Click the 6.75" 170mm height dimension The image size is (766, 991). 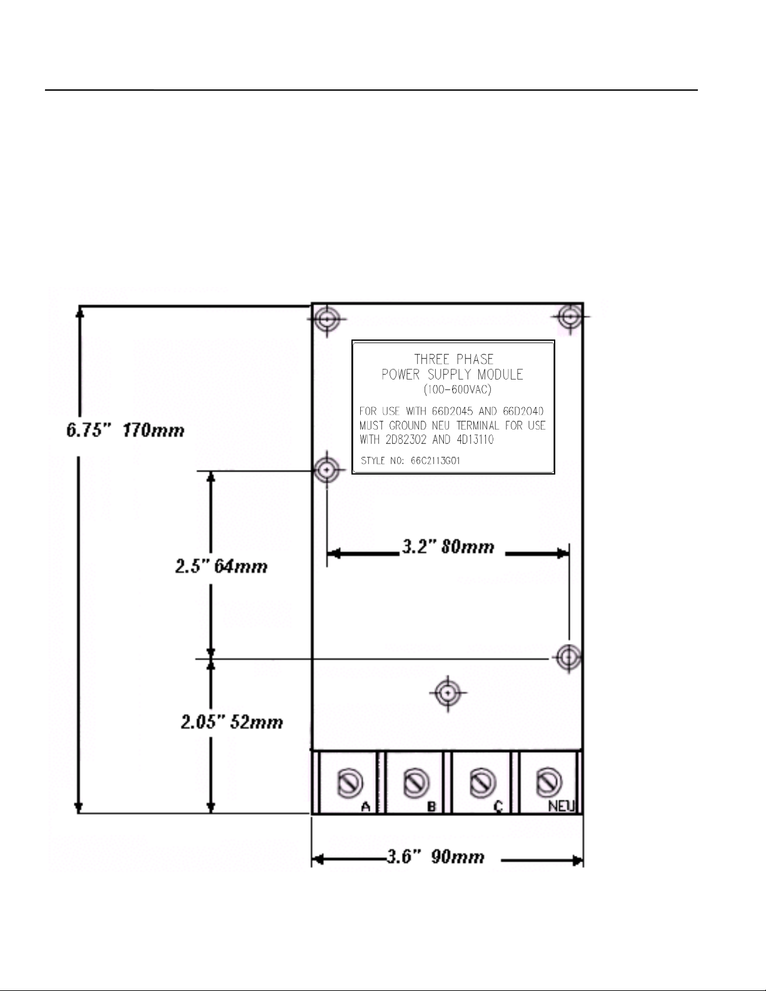tap(126, 430)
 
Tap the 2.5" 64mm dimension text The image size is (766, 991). tap(221, 566)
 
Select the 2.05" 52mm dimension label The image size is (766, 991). tap(231, 722)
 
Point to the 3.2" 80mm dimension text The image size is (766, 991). tap(448, 546)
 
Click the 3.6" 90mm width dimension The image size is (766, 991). tap(435, 857)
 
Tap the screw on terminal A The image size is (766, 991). tap(350, 783)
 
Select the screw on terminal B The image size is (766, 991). tap(416, 783)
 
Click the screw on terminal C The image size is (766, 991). tap(482, 783)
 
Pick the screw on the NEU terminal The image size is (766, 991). tap(548, 783)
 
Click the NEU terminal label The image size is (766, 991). tap(562, 807)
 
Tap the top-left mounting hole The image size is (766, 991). tap(327, 318)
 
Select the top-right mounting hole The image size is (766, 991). tap(570, 316)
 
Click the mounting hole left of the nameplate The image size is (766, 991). tap(327, 470)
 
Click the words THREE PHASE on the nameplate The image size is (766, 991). tap(454, 359)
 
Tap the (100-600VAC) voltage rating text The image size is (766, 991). tap(457, 390)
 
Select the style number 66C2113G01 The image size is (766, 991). tap(435, 461)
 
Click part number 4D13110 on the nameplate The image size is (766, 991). tap(475, 440)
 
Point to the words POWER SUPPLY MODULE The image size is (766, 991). tap(452, 375)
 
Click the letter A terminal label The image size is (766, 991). tap(366, 807)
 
